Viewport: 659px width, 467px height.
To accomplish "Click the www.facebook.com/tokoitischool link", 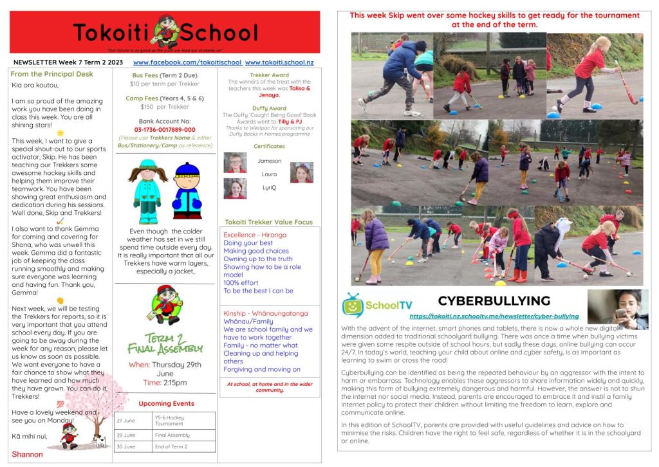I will click(x=187, y=62).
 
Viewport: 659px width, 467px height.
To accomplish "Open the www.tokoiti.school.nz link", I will click(x=279, y=62).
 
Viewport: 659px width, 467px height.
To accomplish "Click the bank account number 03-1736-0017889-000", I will click(x=164, y=129).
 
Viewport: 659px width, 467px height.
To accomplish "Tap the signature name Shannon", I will click(x=27, y=454).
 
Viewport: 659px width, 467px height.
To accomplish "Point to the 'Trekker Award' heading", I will click(x=268, y=75).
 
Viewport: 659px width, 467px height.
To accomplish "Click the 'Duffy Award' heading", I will click(x=269, y=108).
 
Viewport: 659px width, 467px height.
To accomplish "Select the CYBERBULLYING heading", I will click(x=494, y=300).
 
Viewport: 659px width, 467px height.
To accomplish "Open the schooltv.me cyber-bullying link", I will click(x=494, y=316).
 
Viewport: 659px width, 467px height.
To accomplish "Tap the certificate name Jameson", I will click(x=269, y=161).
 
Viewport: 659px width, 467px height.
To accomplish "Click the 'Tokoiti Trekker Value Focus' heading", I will click(x=269, y=222).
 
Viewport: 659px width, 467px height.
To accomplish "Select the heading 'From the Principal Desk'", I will click(x=51, y=74).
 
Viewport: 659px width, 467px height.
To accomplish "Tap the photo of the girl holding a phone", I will click(x=618, y=309).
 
